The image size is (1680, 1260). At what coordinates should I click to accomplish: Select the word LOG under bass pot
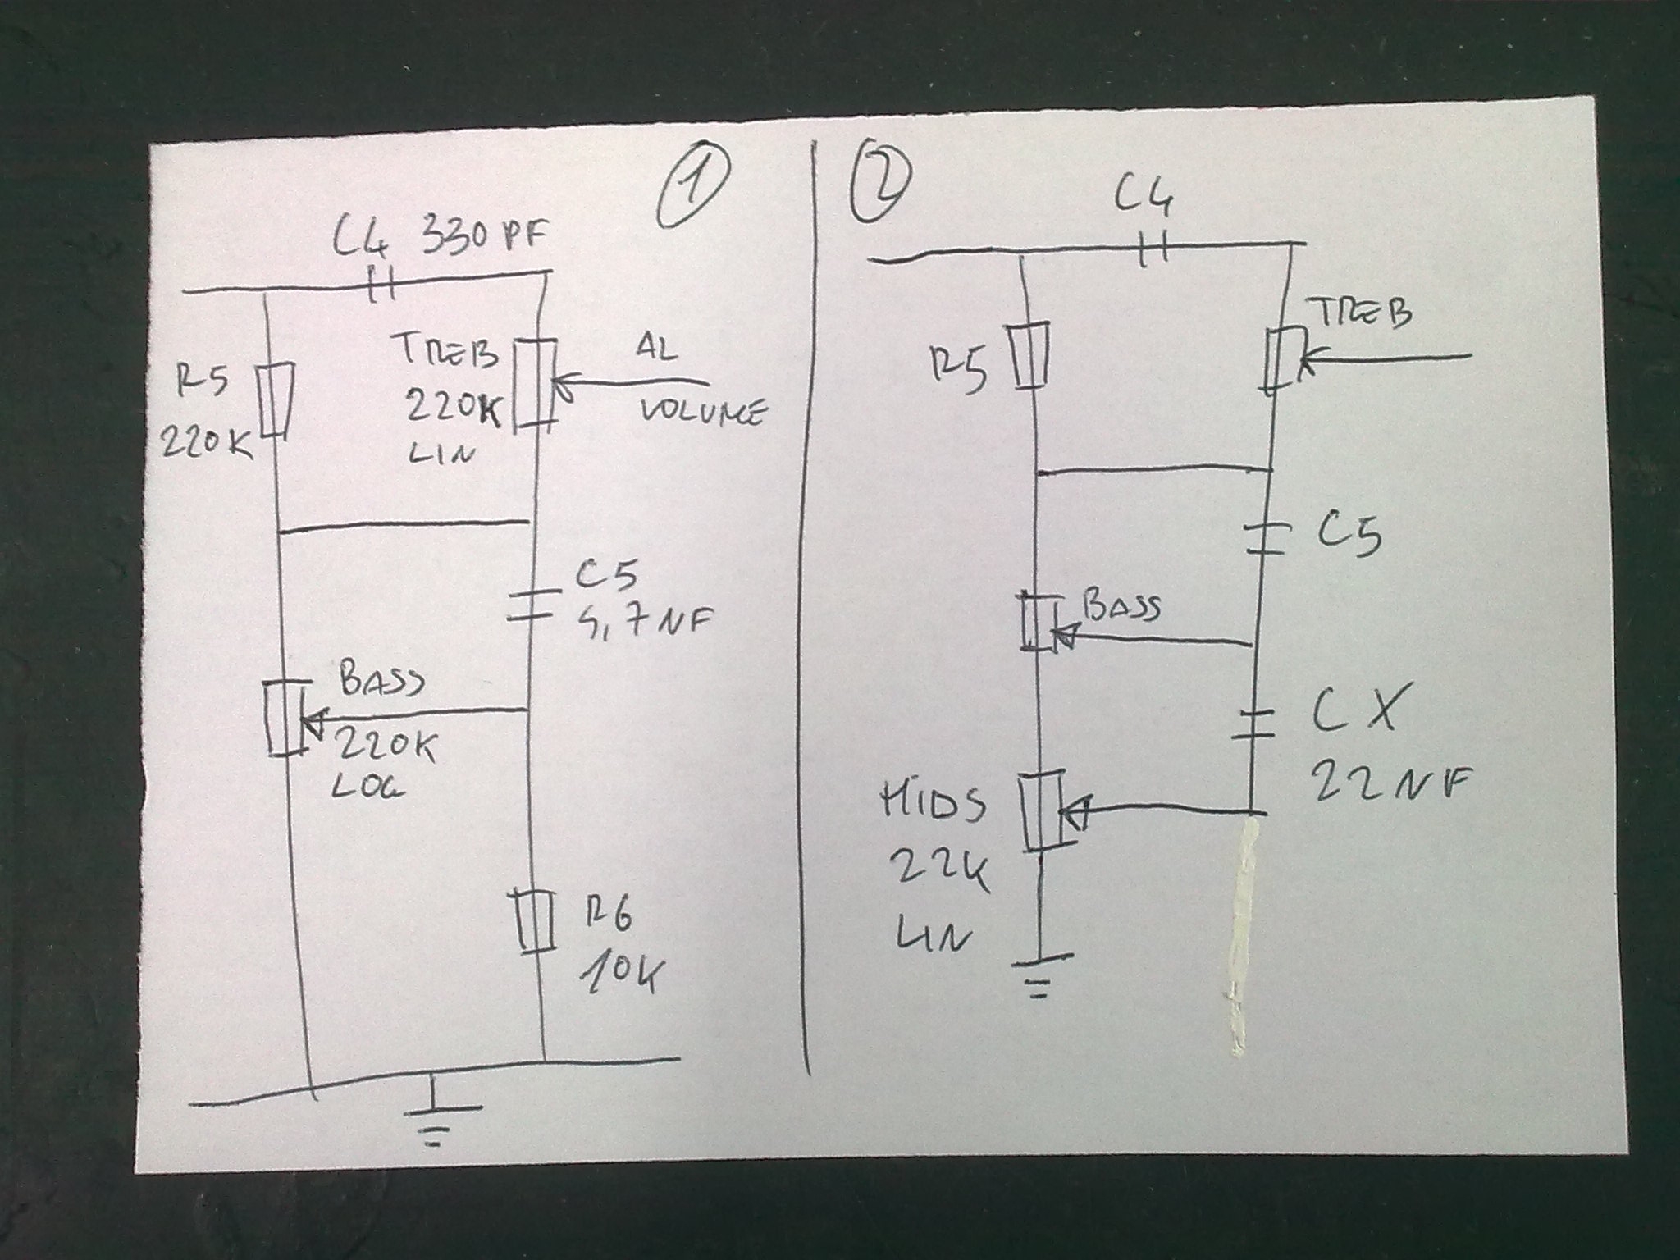(x=369, y=787)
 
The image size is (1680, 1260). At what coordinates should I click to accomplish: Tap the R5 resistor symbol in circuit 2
(x=1029, y=356)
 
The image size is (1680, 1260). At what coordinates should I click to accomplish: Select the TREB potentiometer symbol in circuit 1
(x=535, y=384)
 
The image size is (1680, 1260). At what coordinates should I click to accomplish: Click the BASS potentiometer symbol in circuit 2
(x=1039, y=620)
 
